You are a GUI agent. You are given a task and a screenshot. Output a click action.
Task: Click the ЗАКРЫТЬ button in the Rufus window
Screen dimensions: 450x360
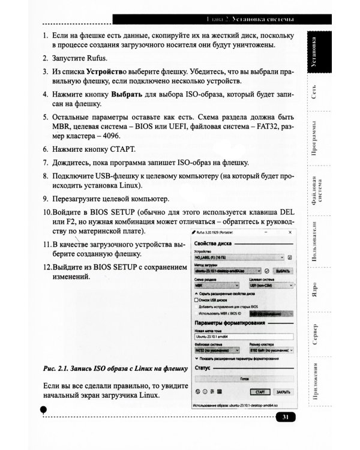(283, 392)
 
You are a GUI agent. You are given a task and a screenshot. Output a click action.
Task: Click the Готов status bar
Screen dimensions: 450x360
(244, 379)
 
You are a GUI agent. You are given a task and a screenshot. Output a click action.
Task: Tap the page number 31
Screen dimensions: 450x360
(286, 418)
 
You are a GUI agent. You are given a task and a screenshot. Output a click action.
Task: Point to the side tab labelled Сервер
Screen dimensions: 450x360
(316, 335)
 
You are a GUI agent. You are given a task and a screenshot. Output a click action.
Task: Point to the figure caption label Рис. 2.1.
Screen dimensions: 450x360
(59, 367)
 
